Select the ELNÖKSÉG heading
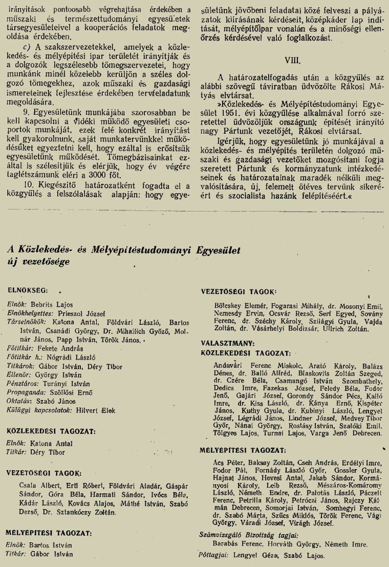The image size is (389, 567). (x=29, y=289)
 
